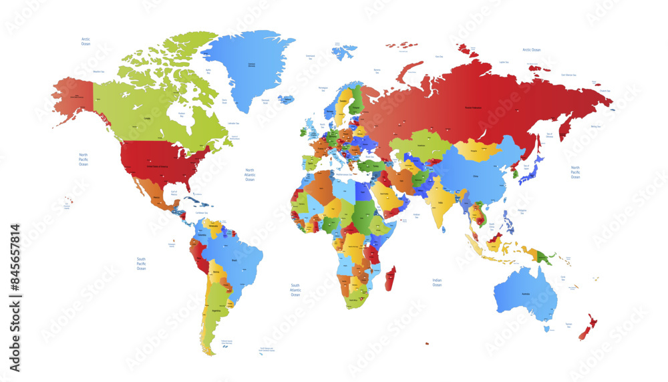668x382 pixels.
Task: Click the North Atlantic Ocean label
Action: (x=249, y=175)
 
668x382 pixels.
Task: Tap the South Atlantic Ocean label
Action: (x=295, y=289)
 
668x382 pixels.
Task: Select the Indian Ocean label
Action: (x=437, y=282)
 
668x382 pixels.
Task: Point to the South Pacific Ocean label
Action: (x=141, y=263)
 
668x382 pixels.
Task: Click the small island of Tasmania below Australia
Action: (x=547, y=329)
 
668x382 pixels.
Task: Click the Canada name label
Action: (x=147, y=120)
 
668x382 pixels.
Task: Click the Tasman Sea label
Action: (x=569, y=324)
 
